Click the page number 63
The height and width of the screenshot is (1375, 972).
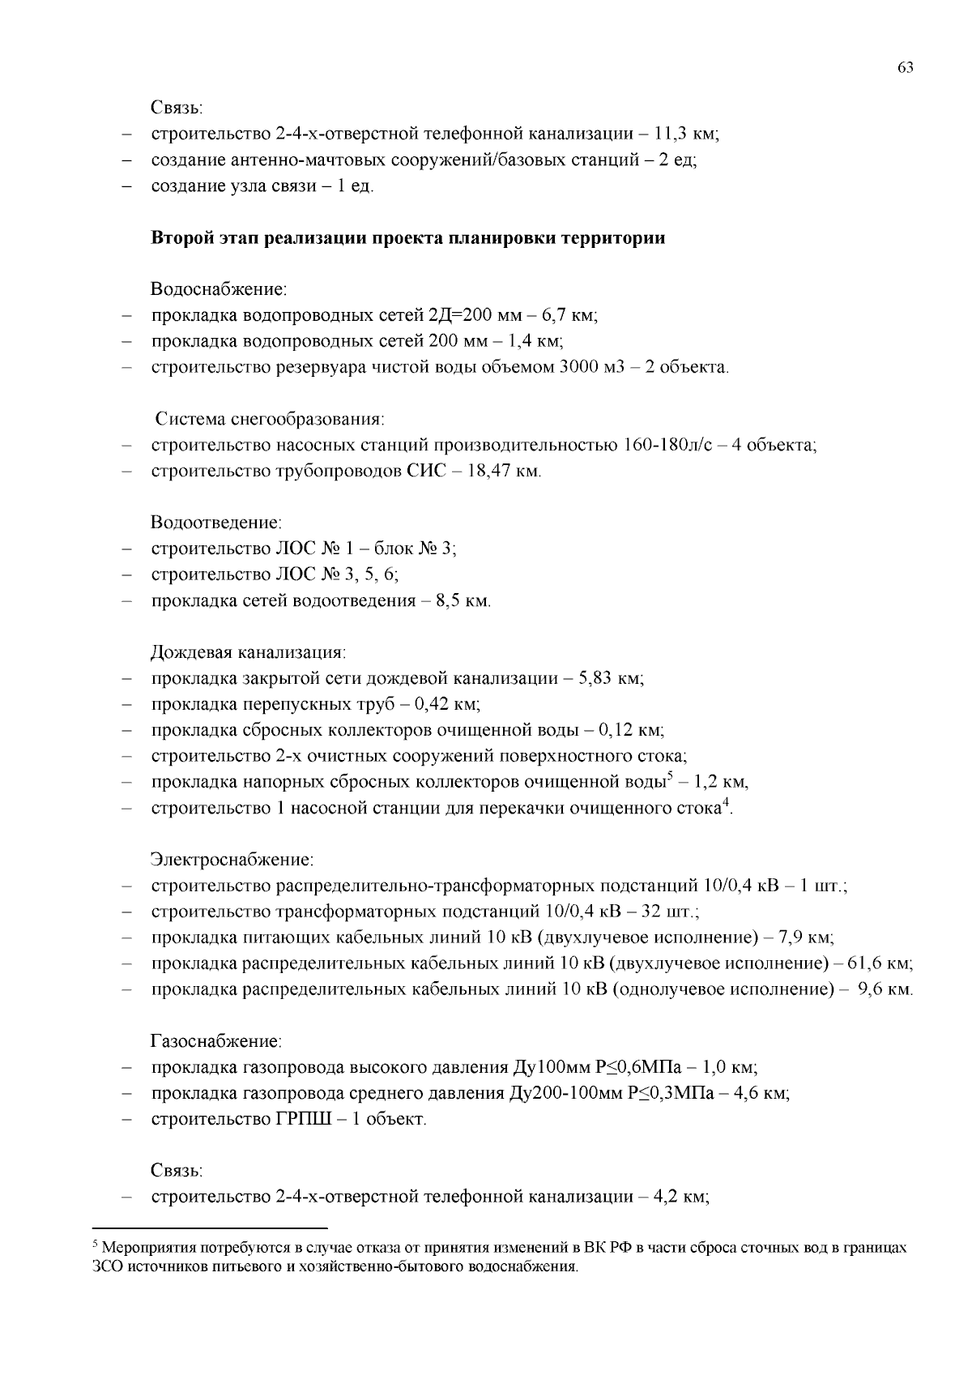(906, 68)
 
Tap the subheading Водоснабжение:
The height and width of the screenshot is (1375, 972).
(219, 289)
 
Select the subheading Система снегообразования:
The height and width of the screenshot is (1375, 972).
(270, 420)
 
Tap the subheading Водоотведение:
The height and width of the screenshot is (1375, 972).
(216, 523)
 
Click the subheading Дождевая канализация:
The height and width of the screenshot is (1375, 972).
(249, 653)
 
